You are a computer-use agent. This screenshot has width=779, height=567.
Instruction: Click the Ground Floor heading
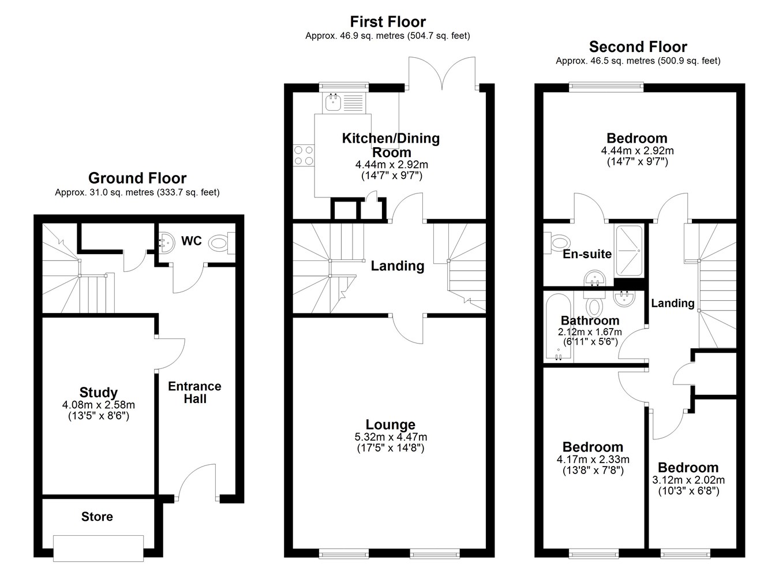137,178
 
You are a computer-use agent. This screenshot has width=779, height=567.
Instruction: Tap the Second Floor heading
638,47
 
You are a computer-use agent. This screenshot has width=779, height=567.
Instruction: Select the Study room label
99,392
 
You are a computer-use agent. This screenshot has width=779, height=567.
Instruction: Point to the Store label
97,517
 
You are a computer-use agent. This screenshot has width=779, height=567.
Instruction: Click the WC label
191,241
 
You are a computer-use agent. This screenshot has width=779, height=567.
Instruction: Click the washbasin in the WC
167,243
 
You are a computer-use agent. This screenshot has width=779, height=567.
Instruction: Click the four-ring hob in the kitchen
304,155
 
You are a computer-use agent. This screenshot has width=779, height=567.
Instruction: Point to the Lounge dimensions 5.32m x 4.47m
391,437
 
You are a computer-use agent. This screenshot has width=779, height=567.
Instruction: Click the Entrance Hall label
195,392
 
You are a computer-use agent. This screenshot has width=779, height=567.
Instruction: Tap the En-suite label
587,254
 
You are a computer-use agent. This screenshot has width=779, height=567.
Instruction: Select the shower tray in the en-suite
630,251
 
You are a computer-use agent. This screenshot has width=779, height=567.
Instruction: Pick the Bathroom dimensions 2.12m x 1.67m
590,331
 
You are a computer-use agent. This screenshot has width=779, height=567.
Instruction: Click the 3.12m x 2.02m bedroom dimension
688,480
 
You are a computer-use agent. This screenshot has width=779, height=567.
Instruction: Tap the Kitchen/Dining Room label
391,145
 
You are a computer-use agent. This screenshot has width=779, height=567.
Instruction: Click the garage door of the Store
99,548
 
